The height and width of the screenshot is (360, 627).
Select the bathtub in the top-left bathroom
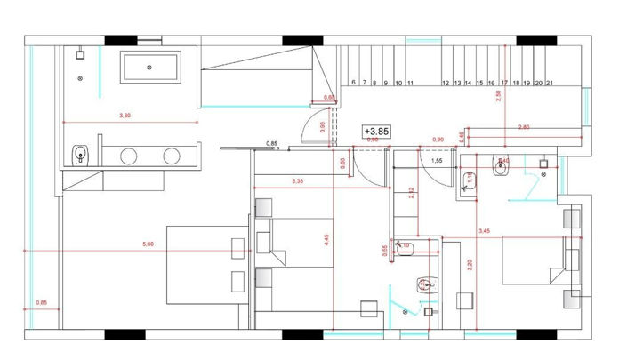pos(150,66)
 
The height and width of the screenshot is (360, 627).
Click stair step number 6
pos(354,83)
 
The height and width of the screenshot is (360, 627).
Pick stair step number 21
pos(551,83)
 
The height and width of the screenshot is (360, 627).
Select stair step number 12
pos(445,83)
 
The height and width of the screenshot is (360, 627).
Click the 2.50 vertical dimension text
pos(499,96)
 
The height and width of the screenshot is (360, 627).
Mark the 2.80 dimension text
pos(524,129)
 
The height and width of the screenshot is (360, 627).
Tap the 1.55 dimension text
pos(437,163)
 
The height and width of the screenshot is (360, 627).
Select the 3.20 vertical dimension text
pos(470,263)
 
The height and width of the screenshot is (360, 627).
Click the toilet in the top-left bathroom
pos(80,156)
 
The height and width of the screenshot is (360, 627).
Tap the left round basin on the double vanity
pos(129,157)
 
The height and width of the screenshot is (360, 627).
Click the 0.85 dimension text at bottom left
pos(41,303)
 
